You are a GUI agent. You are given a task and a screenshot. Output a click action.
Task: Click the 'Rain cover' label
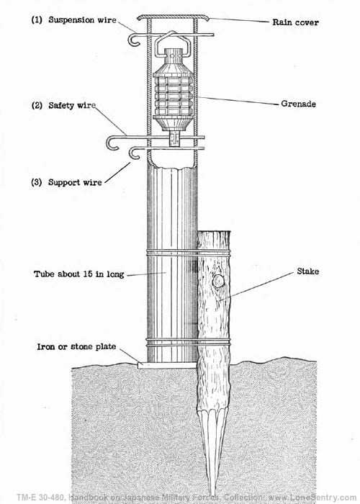(x=294, y=22)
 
